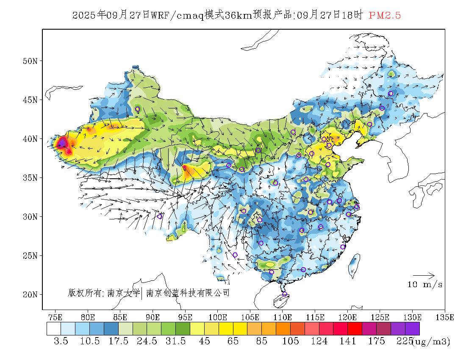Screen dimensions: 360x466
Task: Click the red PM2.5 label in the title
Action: (385, 16)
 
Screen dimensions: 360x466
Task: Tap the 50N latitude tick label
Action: (30, 61)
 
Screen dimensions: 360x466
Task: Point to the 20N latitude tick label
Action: (30, 294)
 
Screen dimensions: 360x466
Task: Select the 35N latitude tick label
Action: (30, 178)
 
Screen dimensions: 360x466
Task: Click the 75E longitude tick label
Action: (55, 317)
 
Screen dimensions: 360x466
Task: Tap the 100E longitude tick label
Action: (218, 317)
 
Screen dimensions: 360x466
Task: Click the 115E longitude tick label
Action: (315, 317)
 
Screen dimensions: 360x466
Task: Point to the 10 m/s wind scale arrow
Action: (424, 276)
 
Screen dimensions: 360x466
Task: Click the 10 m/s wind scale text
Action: (425, 285)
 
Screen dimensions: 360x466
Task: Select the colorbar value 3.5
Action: (61, 341)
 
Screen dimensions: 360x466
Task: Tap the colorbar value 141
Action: (348, 341)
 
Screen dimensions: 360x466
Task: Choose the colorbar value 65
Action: (233, 341)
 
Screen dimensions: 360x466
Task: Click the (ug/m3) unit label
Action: (431, 341)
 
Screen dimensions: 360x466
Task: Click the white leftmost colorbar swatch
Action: (54, 329)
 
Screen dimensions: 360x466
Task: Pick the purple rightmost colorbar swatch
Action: (412, 329)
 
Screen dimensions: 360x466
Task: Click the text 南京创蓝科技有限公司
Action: (188, 293)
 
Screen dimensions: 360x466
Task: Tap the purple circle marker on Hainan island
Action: (285, 294)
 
